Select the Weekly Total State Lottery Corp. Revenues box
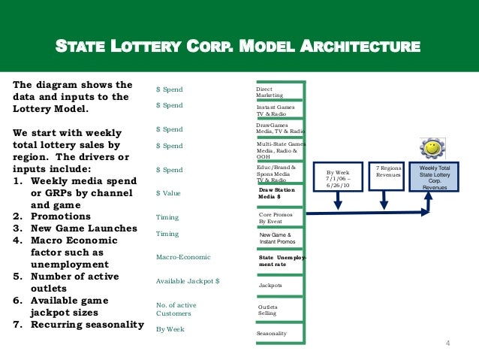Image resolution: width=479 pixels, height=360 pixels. click(435, 177)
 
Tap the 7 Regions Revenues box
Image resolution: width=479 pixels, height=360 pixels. click(388, 173)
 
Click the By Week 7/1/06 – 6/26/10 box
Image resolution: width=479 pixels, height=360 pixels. click(338, 177)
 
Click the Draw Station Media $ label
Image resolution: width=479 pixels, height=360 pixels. click(276, 194)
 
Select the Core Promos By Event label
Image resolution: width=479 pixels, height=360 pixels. click(276, 218)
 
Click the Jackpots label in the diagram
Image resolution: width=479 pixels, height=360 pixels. click(270, 286)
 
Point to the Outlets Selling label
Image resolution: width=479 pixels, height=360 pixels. click(268, 310)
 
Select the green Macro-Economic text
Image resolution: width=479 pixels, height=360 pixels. click(183, 257)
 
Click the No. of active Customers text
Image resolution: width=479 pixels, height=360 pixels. click(176, 309)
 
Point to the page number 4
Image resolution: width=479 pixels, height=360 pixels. click(448, 344)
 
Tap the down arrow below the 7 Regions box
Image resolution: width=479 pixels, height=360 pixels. click(384, 200)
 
